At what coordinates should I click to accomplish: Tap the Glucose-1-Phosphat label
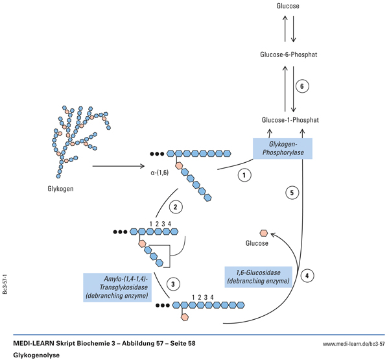tap(290, 120)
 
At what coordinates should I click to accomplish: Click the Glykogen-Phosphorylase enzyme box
tap(283, 149)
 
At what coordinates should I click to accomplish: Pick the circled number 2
tap(175, 208)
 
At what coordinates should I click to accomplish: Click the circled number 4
tap(308, 274)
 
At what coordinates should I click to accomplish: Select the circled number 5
tap(292, 193)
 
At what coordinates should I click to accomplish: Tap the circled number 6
tap(300, 87)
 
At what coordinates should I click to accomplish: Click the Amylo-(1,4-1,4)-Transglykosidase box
tap(117, 287)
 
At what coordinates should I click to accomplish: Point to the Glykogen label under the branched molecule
tap(60, 189)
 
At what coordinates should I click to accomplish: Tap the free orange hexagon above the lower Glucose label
tap(263, 232)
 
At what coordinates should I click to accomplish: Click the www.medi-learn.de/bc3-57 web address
tap(353, 343)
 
